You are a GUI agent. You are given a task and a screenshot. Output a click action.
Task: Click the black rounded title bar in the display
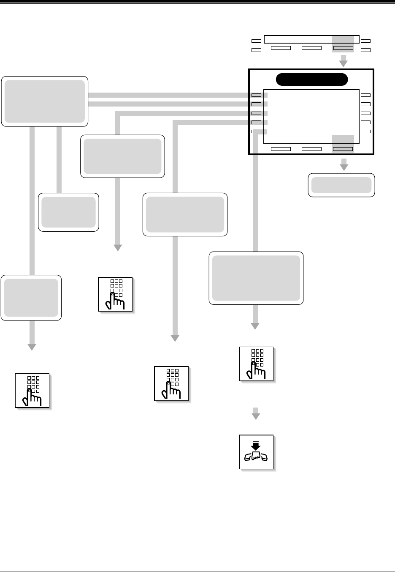tap(311, 79)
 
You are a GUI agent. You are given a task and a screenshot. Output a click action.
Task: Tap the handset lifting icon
tap(256, 452)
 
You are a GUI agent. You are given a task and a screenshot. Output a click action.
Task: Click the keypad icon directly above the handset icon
tap(256, 364)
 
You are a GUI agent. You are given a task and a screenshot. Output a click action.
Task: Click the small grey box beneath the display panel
tap(341, 185)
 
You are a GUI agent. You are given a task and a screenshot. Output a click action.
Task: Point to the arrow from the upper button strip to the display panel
tap(344, 62)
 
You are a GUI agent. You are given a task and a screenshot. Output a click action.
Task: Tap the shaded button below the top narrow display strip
tap(343, 48)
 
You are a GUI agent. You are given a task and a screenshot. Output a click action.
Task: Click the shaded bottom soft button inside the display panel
tap(343, 149)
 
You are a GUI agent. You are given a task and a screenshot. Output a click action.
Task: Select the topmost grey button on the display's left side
tap(256, 95)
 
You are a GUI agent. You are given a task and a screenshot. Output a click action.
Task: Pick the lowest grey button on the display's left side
tap(256, 131)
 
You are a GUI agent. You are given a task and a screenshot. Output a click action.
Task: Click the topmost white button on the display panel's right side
tap(365, 95)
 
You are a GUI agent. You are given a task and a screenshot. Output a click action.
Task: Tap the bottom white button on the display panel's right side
tap(365, 131)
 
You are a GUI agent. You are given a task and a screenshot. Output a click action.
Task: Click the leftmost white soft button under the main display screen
tap(281, 149)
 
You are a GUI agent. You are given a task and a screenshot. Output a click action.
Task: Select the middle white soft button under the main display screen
tap(312, 149)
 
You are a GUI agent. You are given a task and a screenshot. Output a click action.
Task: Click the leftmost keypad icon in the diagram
tap(32, 391)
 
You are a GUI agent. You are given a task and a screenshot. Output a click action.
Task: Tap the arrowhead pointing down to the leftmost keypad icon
tap(32, 347)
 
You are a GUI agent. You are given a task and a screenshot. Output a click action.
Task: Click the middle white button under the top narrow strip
tap(312, 48)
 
